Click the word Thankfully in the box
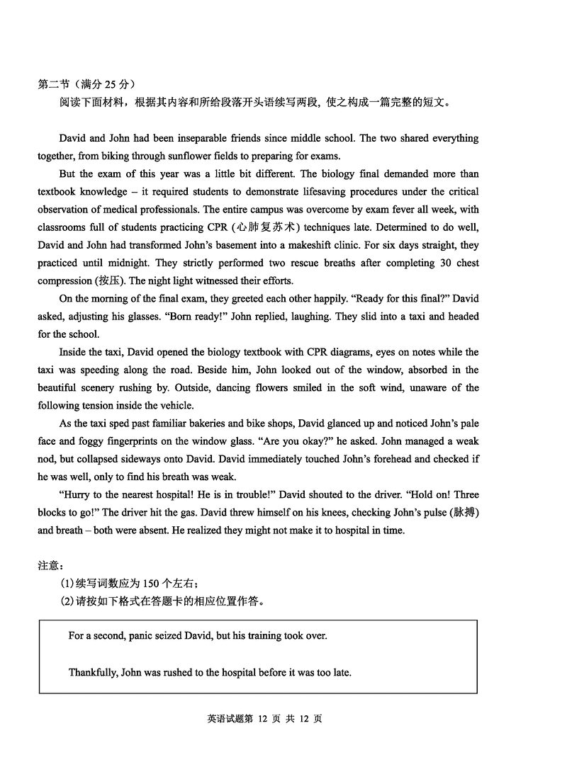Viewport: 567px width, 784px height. click(x=93, y=672)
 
